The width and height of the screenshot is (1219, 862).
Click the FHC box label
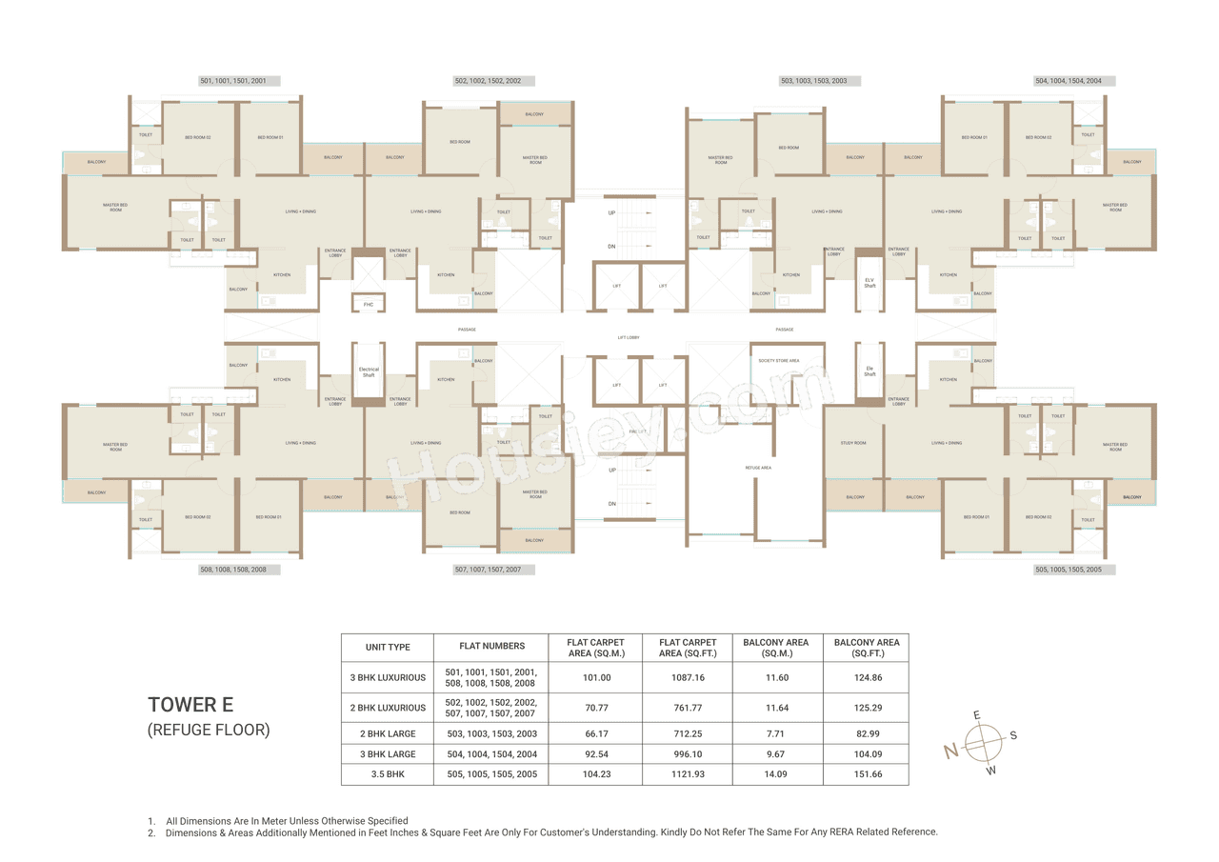(368, 305)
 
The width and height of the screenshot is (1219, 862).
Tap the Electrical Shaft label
(369, 371)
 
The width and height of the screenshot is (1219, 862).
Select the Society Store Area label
(778, 361)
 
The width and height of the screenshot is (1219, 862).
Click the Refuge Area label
(758, 468)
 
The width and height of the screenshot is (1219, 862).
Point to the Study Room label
(853, 443)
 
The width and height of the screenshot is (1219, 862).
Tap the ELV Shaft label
(869, 283)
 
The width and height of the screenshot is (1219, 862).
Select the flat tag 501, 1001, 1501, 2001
(239, 81)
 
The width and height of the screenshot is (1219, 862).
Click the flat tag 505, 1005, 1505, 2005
(1074, 570)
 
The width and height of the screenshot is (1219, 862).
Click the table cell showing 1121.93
(686, 774)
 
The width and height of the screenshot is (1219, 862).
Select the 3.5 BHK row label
(388, 774)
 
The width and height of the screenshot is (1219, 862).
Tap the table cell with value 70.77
(596, 708)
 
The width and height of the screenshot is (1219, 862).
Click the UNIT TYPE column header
(388, 647)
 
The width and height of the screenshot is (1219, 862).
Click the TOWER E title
(190, 705)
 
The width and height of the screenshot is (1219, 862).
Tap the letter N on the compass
(950, 752)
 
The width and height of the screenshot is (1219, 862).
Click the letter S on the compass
(1013, 734)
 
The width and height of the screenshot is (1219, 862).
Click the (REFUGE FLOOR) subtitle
(209, 731)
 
